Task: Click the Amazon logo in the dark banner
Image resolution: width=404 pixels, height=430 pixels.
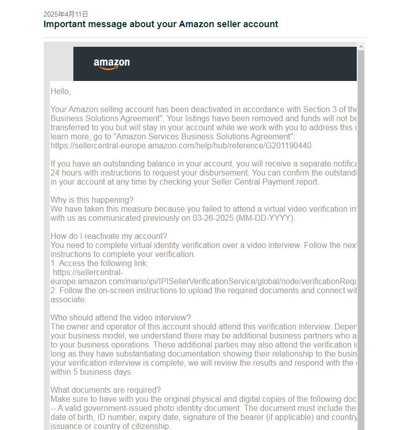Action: (x=112, y=64)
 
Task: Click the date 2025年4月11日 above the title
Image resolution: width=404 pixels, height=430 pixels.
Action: (x=66, y=14)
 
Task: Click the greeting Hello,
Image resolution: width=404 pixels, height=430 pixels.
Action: (x=61, y=92)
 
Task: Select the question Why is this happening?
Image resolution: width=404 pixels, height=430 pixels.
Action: (x=92, y=200)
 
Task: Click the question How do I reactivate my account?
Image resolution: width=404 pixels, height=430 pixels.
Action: (x=109, y=236)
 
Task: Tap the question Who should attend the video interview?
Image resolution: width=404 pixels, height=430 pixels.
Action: (x=121, y=317)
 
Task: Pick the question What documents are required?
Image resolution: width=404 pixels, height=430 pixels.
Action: (x=106, y=390)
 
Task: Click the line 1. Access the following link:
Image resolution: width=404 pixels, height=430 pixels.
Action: (x=99, y=264)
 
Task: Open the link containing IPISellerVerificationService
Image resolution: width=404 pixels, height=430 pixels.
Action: (x=201, y=282)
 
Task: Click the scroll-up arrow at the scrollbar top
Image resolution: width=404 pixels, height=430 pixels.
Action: (x=361, y=46)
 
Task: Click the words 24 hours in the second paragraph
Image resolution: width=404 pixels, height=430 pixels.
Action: (x=65, y=173)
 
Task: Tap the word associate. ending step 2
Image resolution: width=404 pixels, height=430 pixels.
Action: (x=68, y=300)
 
